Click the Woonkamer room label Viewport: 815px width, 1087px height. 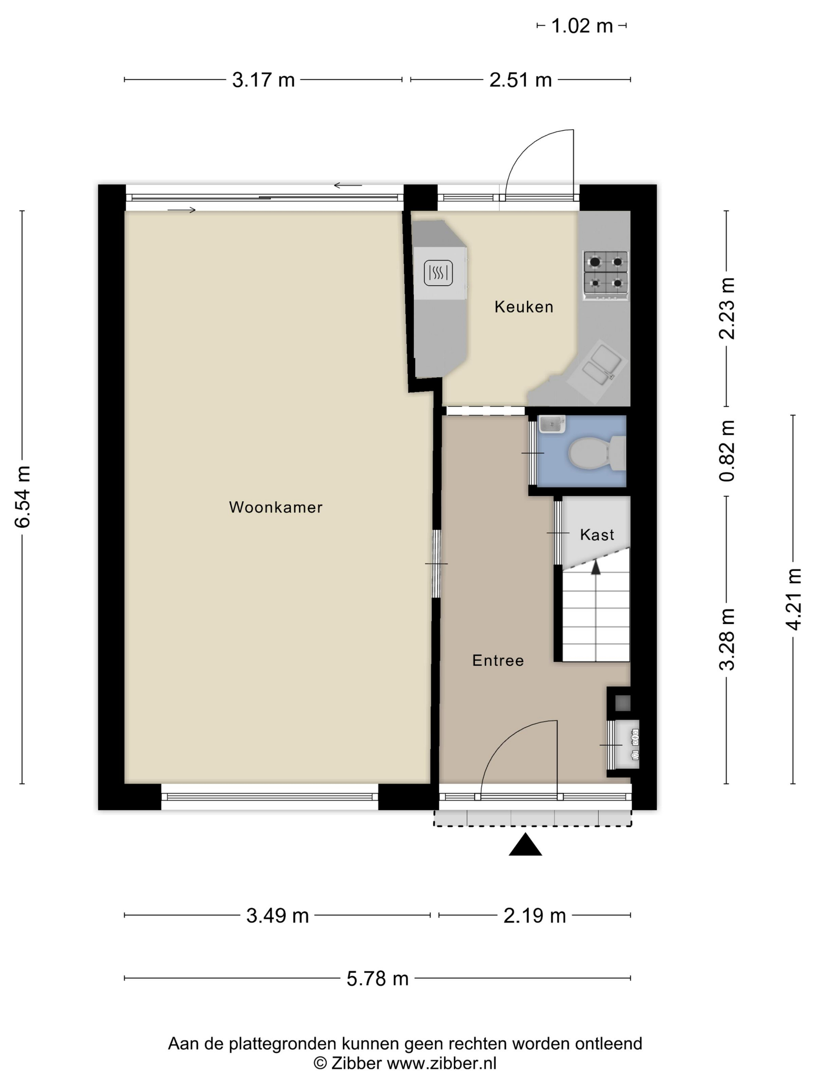[x=276, y=507]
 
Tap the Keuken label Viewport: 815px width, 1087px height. [x=524, y=307]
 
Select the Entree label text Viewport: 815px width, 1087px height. [x=498, y=660]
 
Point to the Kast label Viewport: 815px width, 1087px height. [x=597, y=535]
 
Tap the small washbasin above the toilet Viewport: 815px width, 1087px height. [x=551, y=424]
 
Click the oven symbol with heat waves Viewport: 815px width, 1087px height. [x=438, y=273]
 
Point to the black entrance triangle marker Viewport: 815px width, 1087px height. [x=525, y=845]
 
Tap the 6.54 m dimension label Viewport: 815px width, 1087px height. [x=23, y=497]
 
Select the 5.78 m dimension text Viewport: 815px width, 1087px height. [x=377, y=979]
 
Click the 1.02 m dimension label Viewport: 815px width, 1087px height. [x=582, y=26]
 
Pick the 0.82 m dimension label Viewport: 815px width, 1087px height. [x=727, y=451]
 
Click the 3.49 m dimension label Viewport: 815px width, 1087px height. [x=277, y=916]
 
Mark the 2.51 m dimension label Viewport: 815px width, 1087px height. [x=520, y=80]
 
